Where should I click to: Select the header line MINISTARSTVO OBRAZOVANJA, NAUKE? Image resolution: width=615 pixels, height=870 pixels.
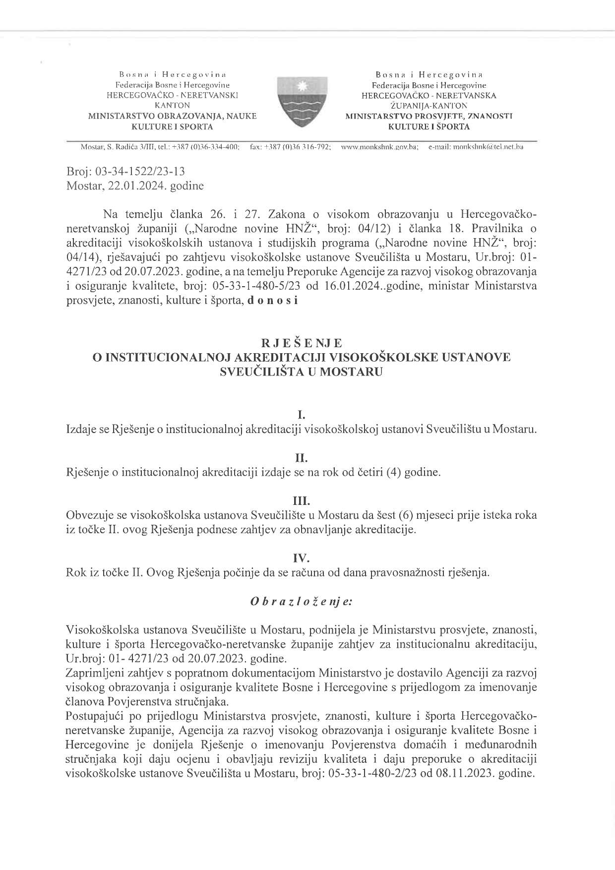tap(172, 116)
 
